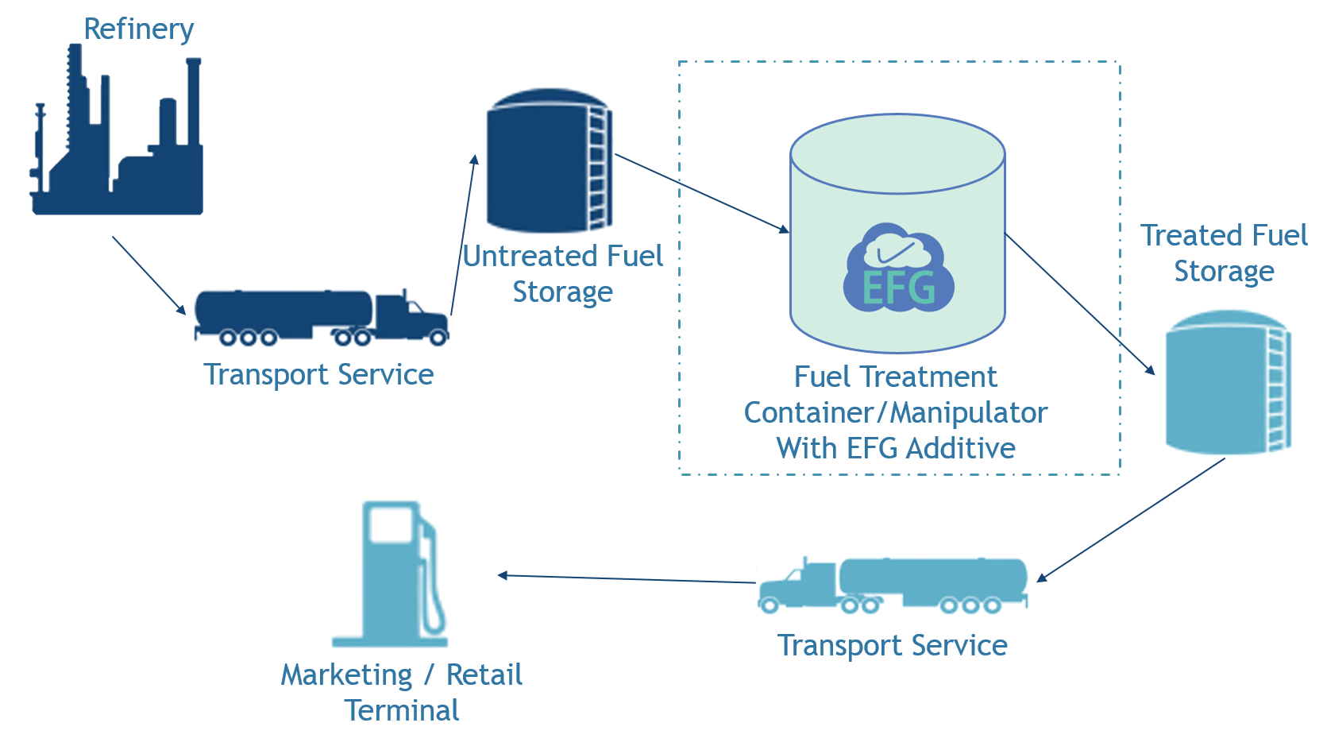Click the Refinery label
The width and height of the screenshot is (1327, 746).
(x=139, y=29)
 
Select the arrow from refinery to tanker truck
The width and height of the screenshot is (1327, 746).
(x=149, y=275)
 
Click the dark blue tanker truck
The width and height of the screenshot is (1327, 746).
(x=322, y=317)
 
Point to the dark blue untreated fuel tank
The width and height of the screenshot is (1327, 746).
(x=548, y=163)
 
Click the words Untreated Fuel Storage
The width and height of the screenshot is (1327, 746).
(x=562, y=274)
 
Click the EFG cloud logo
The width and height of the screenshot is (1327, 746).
(x=898, y=267)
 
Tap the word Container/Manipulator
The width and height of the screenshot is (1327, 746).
(x=896, y=412)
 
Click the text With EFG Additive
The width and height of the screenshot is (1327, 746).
(x=896, y=448)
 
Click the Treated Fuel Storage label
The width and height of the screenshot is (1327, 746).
(x=1224, y=253)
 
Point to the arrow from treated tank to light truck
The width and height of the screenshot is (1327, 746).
(x=1132, y=520)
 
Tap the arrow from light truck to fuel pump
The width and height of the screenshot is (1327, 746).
(x=627, y=578)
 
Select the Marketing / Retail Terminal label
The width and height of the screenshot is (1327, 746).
(x=402, y=692)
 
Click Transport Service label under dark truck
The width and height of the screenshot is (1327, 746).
(x=318, y=374)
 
